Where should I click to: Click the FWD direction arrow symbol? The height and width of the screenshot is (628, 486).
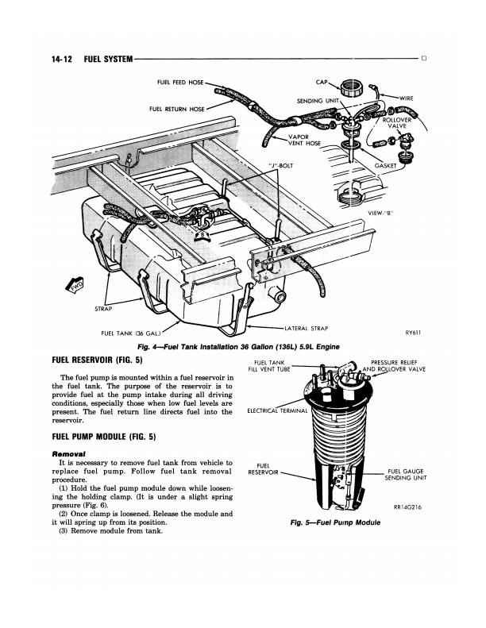[75, 285]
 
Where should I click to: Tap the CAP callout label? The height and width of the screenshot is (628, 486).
[322, 82]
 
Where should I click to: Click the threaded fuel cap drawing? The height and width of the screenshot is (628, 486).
[352, 87]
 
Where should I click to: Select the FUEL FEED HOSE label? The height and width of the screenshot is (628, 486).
[180, 82]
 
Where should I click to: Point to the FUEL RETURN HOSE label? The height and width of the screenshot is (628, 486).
[176, 109]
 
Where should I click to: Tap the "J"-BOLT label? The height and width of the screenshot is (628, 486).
[280, 166]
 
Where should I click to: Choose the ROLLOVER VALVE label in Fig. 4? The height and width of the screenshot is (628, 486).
[396, 123]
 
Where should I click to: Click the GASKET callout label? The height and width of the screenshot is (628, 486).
[385, 165]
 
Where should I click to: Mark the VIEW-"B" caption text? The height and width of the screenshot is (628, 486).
[380, 213]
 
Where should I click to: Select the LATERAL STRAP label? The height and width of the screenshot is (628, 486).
[306, 329]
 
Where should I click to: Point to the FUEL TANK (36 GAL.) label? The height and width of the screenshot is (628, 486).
[131, 333]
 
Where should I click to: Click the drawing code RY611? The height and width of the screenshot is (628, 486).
[413, 333]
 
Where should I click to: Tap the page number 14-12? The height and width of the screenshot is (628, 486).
[62, 60]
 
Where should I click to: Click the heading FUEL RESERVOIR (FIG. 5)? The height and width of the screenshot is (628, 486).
[98, 360]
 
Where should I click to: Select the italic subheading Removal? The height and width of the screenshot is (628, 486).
[68, 454]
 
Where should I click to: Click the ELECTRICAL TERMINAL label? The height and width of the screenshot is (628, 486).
[277, 411]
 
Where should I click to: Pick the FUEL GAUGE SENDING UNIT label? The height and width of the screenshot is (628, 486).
[406, 475]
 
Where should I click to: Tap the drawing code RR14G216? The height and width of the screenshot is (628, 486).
[408, 507]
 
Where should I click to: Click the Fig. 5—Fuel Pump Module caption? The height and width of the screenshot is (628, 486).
[335, 522]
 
